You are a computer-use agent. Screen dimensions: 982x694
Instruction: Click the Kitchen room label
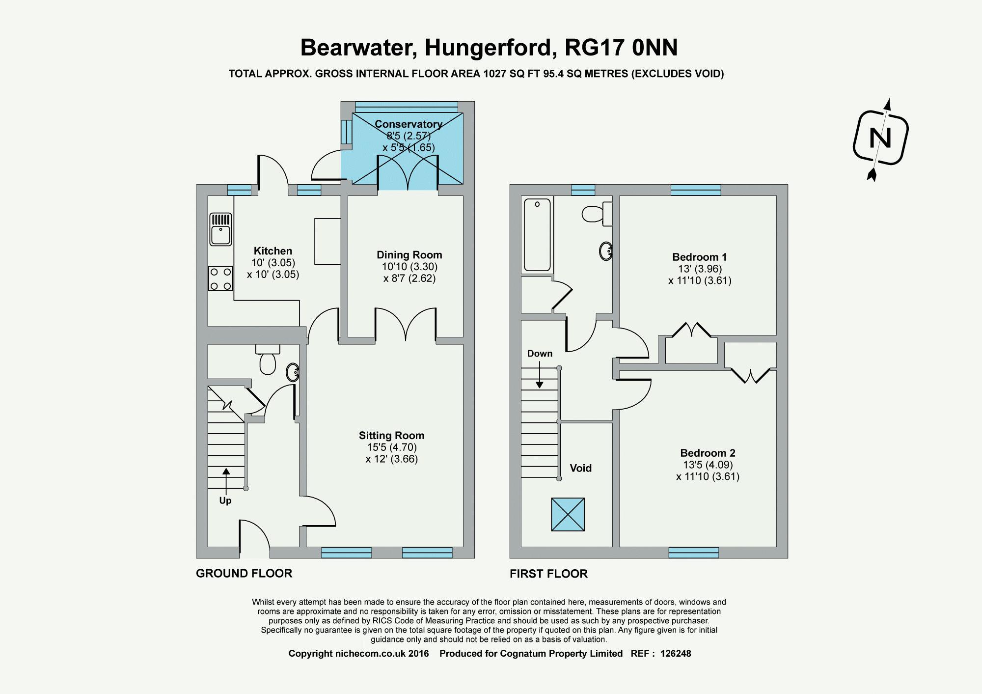273,251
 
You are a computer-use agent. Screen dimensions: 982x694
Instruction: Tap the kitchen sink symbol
220,229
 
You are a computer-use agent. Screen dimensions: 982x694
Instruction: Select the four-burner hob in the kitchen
220,278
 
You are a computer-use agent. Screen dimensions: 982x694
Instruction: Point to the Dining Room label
409,255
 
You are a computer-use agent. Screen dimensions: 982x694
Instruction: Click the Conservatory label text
409,124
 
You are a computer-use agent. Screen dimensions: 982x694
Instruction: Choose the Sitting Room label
391,436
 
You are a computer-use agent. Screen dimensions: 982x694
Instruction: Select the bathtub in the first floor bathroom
537,234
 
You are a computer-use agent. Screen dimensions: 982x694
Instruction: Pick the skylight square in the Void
568,514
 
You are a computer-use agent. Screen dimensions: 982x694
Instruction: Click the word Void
580,468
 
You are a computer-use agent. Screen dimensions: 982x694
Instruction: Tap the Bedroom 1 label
699,257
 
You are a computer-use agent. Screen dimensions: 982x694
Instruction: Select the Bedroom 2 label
708,453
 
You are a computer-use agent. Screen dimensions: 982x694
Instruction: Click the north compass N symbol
880,138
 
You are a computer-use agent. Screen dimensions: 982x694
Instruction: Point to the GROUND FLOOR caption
244,573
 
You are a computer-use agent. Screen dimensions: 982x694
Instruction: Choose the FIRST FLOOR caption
548,574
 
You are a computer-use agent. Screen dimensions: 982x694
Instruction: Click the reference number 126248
676,654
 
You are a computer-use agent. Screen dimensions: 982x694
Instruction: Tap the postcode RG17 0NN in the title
621,48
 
